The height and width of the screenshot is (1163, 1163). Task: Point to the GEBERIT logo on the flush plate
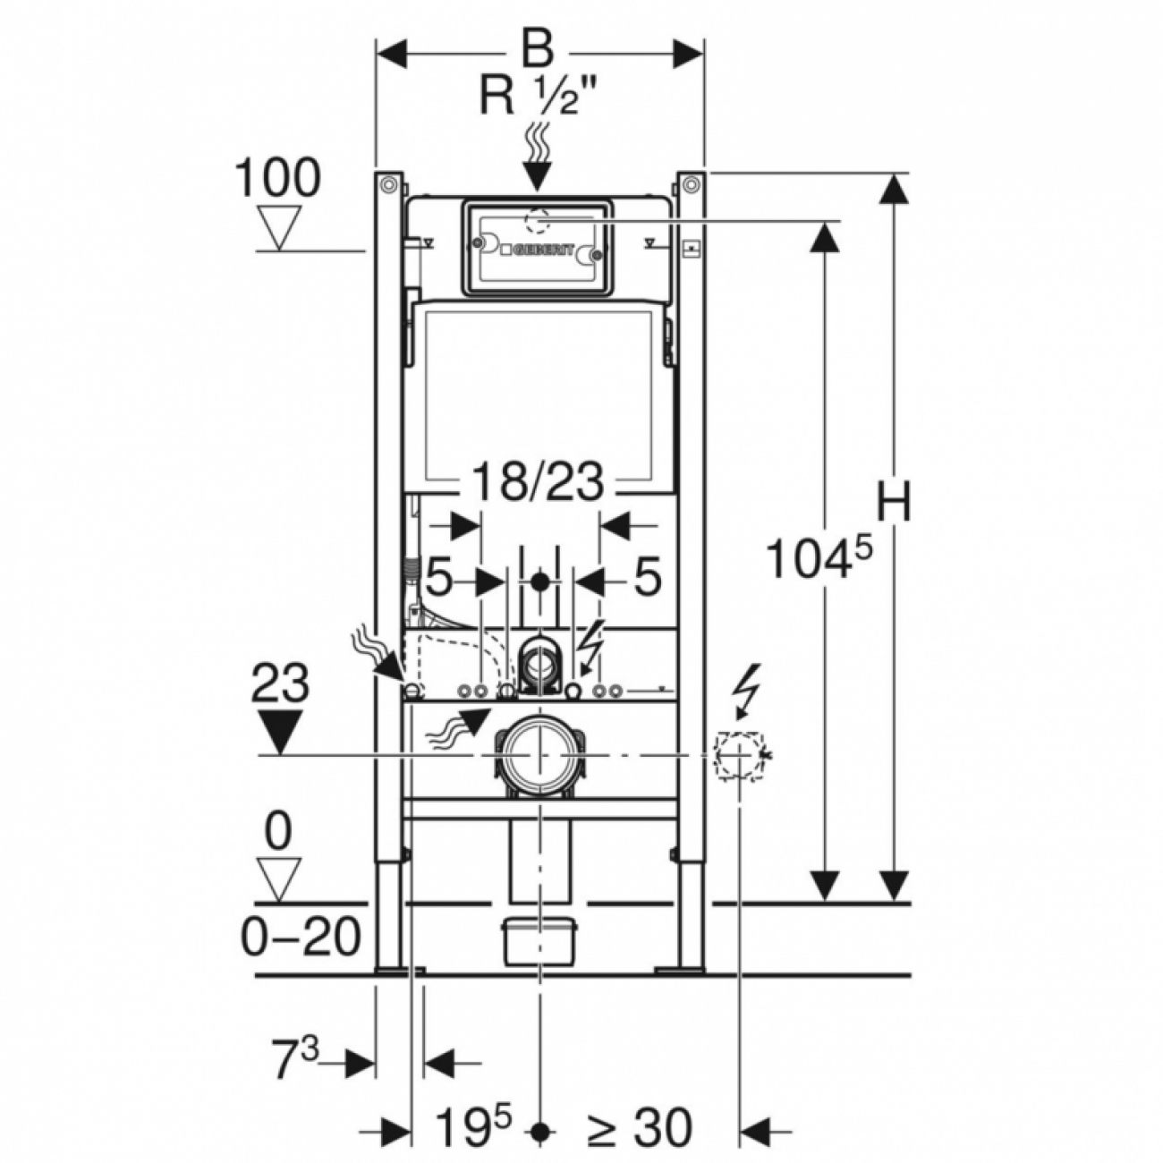(542, 251)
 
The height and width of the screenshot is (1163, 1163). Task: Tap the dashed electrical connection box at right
(739, 756)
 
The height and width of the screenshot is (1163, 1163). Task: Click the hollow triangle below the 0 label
(279, 878)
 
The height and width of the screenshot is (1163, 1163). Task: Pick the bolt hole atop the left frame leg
(387, 184)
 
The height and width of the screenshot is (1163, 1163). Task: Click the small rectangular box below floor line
(539, 941)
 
